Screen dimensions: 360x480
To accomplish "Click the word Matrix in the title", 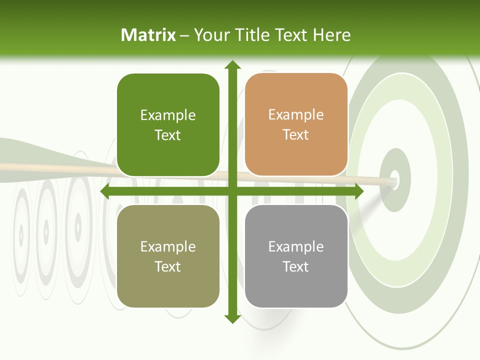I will point(148,35).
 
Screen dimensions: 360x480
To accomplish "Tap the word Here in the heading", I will point(331,35).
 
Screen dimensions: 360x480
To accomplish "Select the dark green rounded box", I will point(168,125).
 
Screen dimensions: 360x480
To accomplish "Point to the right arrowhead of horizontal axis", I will point(358,191).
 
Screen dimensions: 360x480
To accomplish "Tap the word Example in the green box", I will point(168,115).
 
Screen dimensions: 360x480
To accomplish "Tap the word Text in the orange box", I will point(296,135).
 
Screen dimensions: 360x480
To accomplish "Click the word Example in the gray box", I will point(296,246).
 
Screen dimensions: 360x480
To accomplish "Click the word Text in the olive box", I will point(168,266).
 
